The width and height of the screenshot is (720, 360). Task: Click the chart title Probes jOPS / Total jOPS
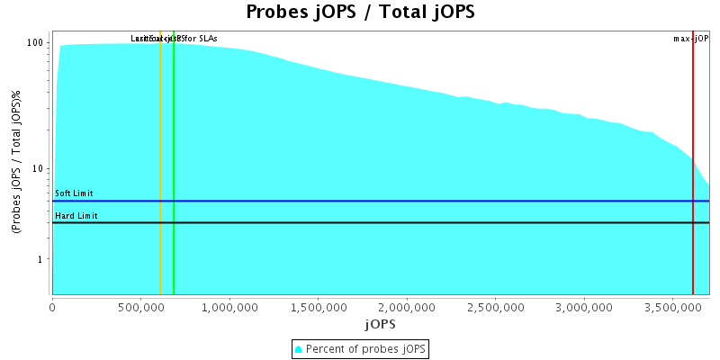(360, 13)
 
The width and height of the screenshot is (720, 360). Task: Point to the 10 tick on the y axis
(40, 169)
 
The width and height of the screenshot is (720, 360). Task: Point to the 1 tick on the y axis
(42, 259)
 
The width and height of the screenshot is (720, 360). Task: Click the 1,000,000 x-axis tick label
(230, 307)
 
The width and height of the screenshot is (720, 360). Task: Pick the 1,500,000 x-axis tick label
(319, 307)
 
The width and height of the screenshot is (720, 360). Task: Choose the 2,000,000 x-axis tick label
(408, 307)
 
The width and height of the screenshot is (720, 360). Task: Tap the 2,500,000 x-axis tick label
(496, 307)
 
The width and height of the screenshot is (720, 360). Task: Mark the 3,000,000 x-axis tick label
(585, 307)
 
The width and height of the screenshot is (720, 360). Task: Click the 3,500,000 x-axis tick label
(673, 307)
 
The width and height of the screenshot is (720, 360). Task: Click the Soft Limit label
(74, 193)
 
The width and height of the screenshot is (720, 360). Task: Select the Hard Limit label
(76, 216)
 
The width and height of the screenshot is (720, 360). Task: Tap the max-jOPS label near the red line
(691, 39)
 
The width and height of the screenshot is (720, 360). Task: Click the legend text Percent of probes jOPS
(366, 349)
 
